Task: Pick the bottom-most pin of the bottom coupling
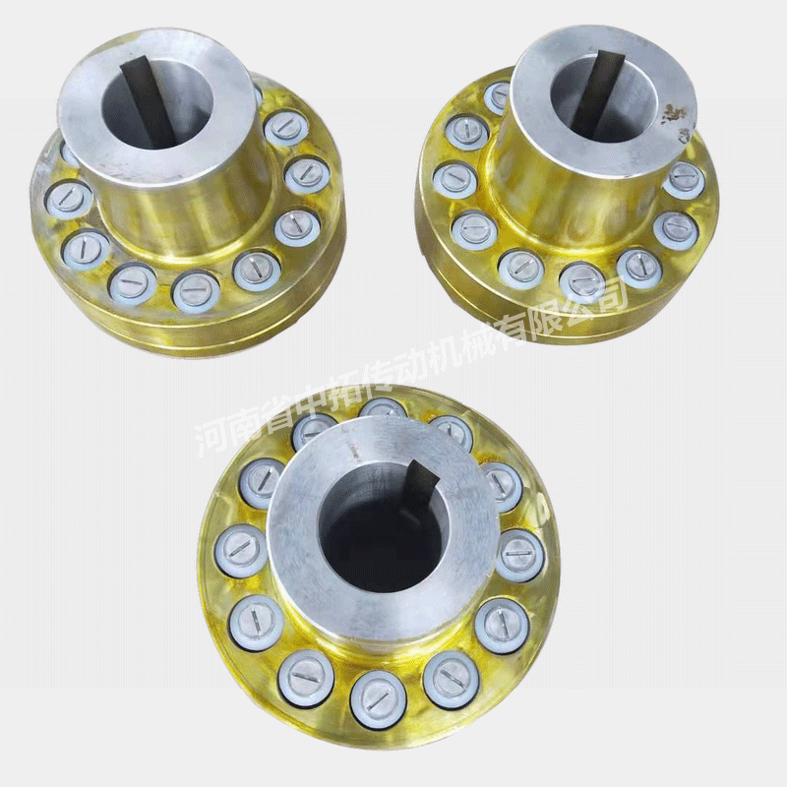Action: (x=378, y=696)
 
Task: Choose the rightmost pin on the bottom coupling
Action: (x=522, y=552)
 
